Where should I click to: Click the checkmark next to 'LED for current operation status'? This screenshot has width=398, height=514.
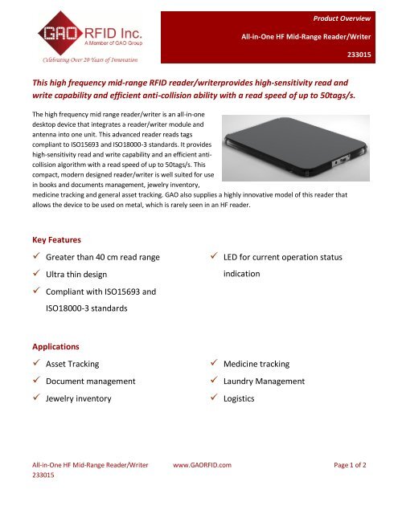[x=212, y=256]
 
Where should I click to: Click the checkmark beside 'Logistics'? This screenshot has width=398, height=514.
[x=212, y=398]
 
